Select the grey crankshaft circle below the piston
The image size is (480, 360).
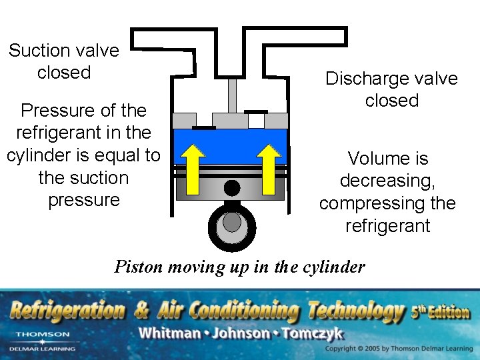(x=231, y=222)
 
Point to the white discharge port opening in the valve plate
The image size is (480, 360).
(x=256, y=120)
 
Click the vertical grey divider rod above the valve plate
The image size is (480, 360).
(x=232, y=96)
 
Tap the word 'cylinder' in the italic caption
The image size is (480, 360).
(x=337, y=267)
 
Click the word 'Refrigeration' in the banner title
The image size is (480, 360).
(x=67, y=311)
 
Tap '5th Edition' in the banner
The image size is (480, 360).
(x=440, y=311)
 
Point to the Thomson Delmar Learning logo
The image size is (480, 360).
(x=42, y=340)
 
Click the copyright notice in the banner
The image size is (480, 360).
(x=397, y=349)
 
